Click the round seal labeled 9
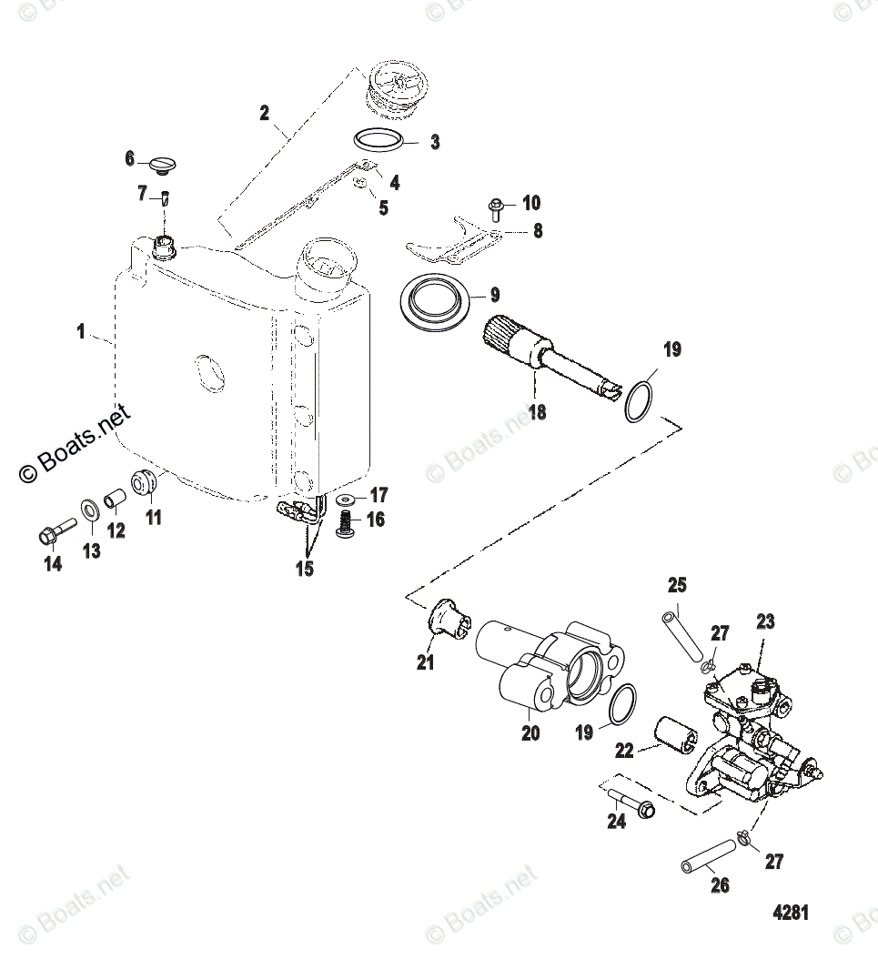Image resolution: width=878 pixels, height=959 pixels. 437,301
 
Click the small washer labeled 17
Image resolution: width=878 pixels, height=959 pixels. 347,500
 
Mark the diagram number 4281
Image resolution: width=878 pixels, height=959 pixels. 790,913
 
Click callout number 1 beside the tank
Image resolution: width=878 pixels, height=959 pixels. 81,332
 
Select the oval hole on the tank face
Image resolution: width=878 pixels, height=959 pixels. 208,372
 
